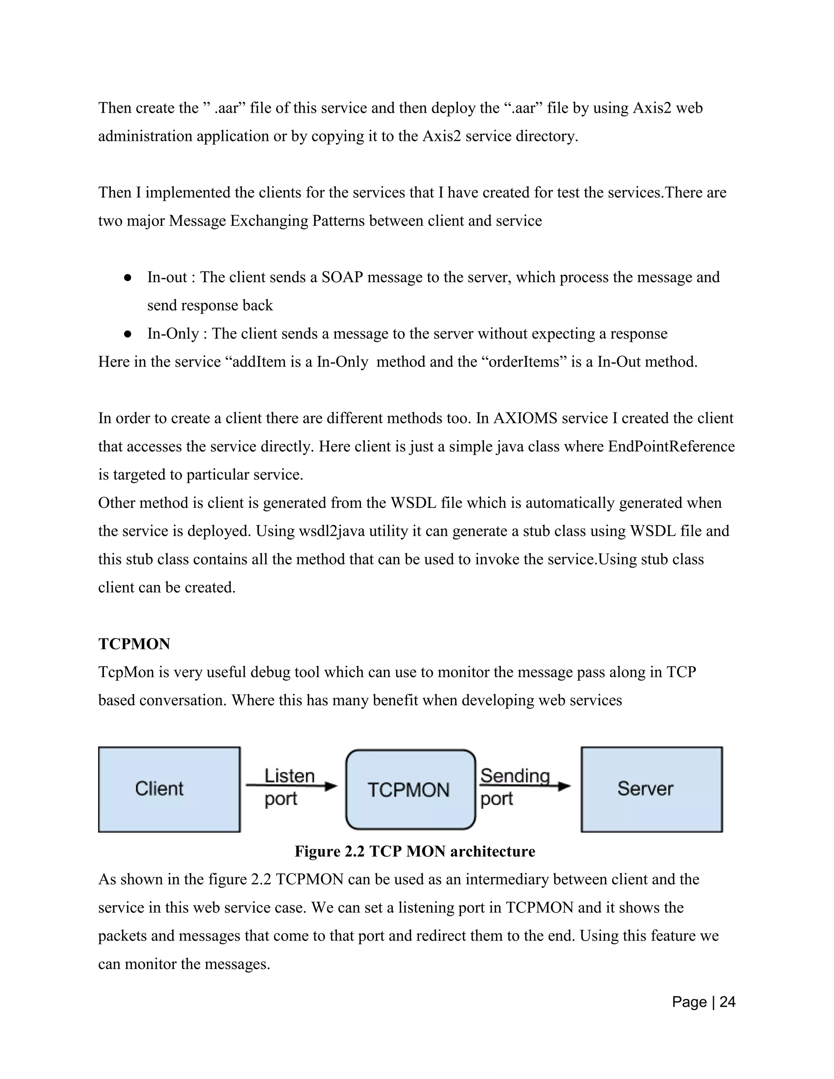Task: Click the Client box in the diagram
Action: point(169,789)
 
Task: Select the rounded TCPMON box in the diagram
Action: point(410,790)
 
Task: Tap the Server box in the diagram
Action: point(651,789)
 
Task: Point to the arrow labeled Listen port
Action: point(292,786)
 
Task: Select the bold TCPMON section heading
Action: point(134,644)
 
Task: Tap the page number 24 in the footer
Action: point(727,1002)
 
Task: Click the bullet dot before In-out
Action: point(127,278)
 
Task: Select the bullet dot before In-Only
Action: point(127,334)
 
